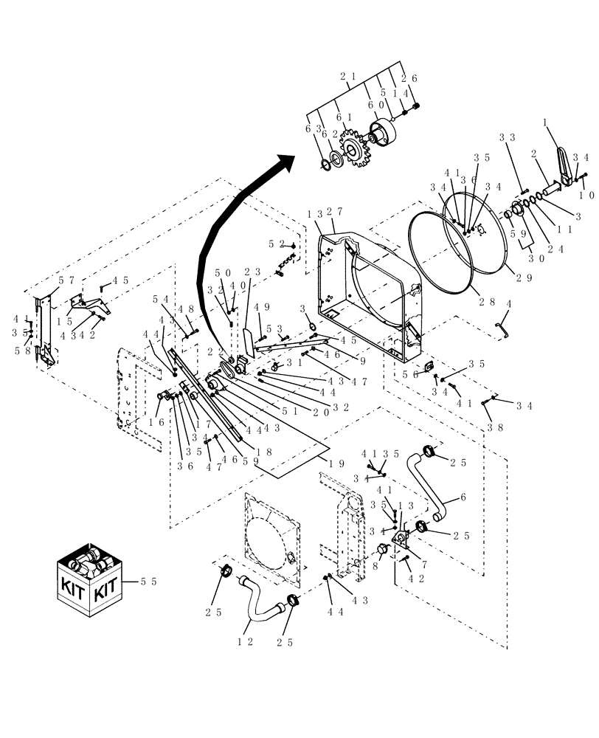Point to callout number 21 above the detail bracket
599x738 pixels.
(348, 76)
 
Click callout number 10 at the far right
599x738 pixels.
(586, 196)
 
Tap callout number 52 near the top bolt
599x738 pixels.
(277, 244)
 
